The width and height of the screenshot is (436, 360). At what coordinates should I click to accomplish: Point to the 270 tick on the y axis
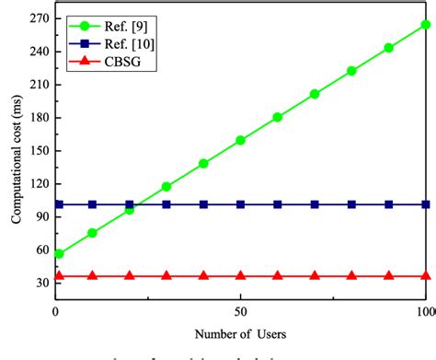pyautogui.click(x=38, y=17)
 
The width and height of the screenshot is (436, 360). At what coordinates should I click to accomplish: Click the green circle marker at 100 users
pyautogui.click(x=425, y=25)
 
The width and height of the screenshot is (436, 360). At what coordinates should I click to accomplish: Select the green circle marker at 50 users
pyautogui.click(x=240, y=140)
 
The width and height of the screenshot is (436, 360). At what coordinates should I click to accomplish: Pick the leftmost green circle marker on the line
pyautogui.click(x=59, y=253)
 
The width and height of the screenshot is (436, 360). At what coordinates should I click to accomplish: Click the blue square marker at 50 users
pyautogui.click(x=240, y=204)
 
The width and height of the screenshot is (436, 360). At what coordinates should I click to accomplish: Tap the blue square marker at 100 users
pyautogui.click(x=425, y=204)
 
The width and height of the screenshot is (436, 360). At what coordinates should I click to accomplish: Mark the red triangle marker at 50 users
pyautogui.click(x=240, y=275)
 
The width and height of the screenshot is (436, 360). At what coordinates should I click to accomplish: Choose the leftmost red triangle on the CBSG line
pyautogui.click(x=59, y=275)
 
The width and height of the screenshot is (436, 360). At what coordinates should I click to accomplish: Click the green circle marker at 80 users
pyautogui.click(x=351, y=71)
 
